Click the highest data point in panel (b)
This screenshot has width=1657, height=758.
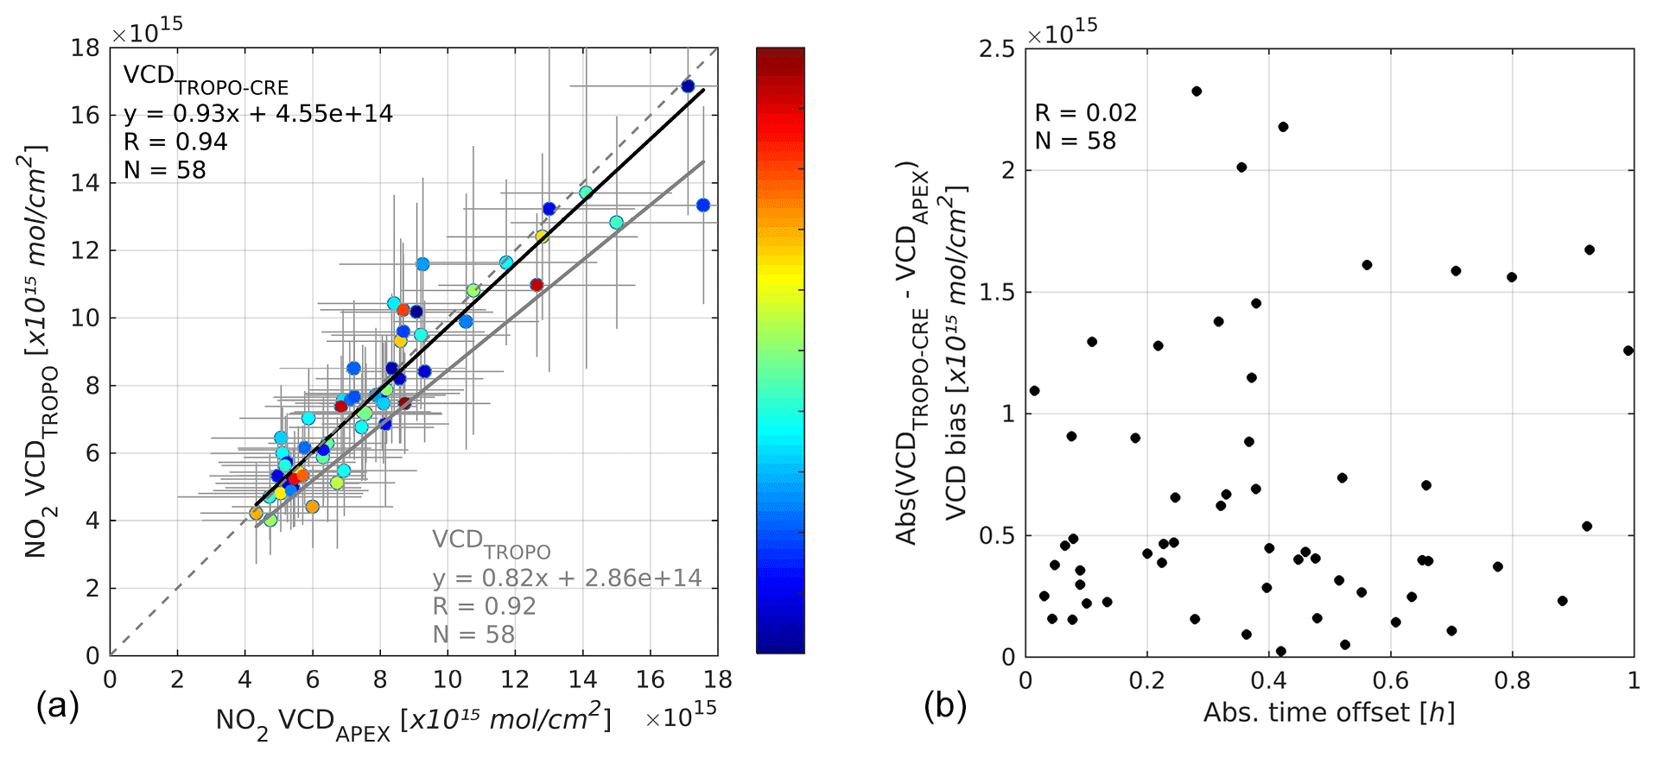pyautogui.click(x=1197, y=92)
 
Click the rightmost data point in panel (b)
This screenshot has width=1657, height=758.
pyautogui.click(x=1628, y=351)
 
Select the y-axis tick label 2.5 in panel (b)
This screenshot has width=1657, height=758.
pyautogui.click(x=997, y=49)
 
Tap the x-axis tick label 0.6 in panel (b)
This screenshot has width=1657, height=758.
pyautogui.click(x=1390, y=681)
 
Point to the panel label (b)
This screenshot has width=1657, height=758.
pyautogui.click(x=945, y=707)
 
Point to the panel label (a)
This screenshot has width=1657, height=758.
pyautogui.click(x=57, y=707)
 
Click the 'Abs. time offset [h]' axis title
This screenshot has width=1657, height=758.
pyautogui.click(x=1329, y=713)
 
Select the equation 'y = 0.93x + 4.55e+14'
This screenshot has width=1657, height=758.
pyautogui.click(x=257, y=114)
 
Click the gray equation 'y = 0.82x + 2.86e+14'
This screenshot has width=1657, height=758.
pyautogui.click(x=567, y=578)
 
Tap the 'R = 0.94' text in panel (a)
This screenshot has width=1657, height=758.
pyautogui.click(x=175, y=142)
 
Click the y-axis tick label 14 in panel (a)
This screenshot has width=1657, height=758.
pyautogui.click(x=86, y=183)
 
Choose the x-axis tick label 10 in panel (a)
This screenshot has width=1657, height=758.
pyautogui.click(x=448, y=680)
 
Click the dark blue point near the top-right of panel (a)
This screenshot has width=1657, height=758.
pyautogui.click(x=688, y=86)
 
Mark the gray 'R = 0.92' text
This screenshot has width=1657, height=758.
pyautogui.click(x=484, y=607)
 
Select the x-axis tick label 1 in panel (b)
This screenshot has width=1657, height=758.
pyautogui.click(x=1633, y=681)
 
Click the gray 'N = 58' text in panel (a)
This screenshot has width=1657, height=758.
pyautogui.click(x=473, y=635)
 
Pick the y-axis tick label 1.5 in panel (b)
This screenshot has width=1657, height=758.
pyautogui.click(x=997, y=293)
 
